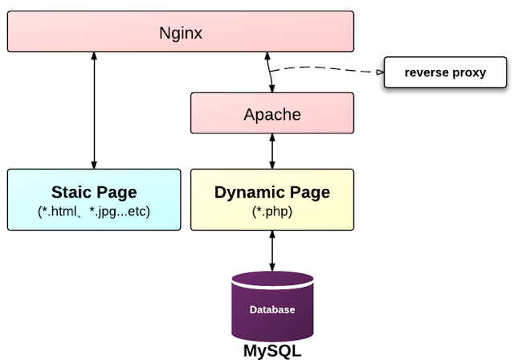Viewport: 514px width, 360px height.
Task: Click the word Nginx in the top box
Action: pyautogui.click(x=181, y=33)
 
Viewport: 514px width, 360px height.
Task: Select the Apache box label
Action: pyautogui.click(x=272, y=114)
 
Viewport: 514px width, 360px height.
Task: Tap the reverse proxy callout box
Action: pyautogui.click(x=445, y=72)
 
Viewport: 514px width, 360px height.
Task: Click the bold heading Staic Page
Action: pyautogui.click(x=94, y=192)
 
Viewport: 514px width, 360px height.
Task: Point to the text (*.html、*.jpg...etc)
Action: pyautogui.click(x=94, y=211)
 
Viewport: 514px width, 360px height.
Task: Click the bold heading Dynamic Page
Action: pyautogui.click(x=272, y=192)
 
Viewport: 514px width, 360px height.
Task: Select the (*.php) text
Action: pyautogui.click(x=272, y=211)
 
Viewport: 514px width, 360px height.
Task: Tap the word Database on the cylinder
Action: pyautogui.click(x=272, y=309)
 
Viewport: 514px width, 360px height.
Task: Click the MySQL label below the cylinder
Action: pyautogui.click(x=272, y=351)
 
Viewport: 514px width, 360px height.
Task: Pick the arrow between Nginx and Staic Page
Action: pyautogui.click(x=94, y=111)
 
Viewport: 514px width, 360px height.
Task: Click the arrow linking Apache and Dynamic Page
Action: pyautogui.click(x=272, y=151)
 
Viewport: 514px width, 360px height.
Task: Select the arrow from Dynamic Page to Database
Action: pyautogui.click(x=272, y=251)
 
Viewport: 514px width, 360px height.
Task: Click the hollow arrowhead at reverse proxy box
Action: pyautogui.click(x=380, y=72)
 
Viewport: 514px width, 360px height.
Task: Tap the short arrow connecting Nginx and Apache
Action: pyautogui.click(x=270, y=72)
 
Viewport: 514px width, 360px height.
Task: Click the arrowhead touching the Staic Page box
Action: pyautogui.click(x=94, y=165)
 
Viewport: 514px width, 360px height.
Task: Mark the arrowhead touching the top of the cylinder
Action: pyautogui.click(x=272, y=268)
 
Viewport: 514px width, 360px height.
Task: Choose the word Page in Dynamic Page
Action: pyautogui.click(x=311, y=192)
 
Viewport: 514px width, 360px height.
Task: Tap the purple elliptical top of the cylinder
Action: pyautogui.click(x=272, y=280)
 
